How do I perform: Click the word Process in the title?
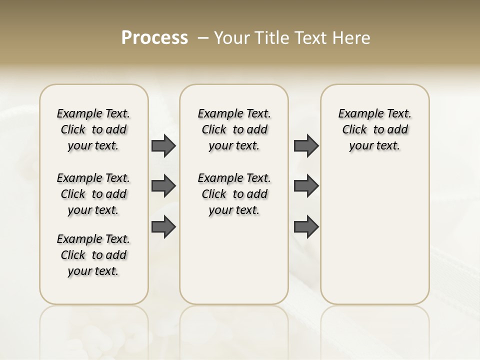pos(154,38)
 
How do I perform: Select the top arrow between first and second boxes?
pos(163,145)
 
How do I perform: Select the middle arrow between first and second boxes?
pos(163,186)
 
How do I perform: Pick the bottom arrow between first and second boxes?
pos(163,227)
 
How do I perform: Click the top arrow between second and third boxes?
pos(306,145)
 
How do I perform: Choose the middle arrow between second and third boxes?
pos(306,186)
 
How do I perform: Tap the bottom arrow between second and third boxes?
pos(306,227)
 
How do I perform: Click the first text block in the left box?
pos(93,129)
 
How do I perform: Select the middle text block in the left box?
pos(93,194)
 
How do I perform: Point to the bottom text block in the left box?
pos(93,255)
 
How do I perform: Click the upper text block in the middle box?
pos(234,129)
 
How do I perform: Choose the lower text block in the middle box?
pos(234,194)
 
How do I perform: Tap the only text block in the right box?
pos(375,129)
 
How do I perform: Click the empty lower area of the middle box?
pos(234,260)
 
